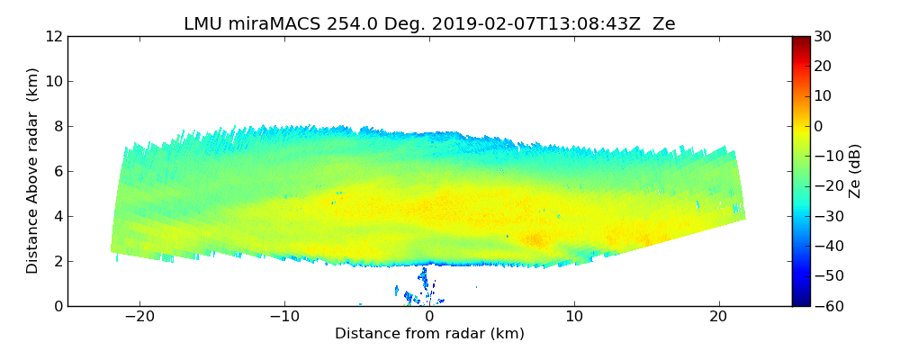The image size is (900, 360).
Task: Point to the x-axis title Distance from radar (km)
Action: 429,334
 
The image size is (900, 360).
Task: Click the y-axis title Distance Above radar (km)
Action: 33,171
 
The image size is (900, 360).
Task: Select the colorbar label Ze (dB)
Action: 855,171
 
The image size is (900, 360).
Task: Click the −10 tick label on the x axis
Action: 284,318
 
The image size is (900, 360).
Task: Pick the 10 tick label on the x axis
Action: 574,318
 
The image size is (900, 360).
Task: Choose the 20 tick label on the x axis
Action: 718,318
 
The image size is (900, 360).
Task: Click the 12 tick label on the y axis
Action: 54,37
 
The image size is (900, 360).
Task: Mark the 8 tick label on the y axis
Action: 58,127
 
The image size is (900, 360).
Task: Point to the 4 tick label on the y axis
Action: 58,216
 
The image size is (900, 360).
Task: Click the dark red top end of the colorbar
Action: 801,40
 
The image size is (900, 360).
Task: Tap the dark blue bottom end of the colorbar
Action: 801,302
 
